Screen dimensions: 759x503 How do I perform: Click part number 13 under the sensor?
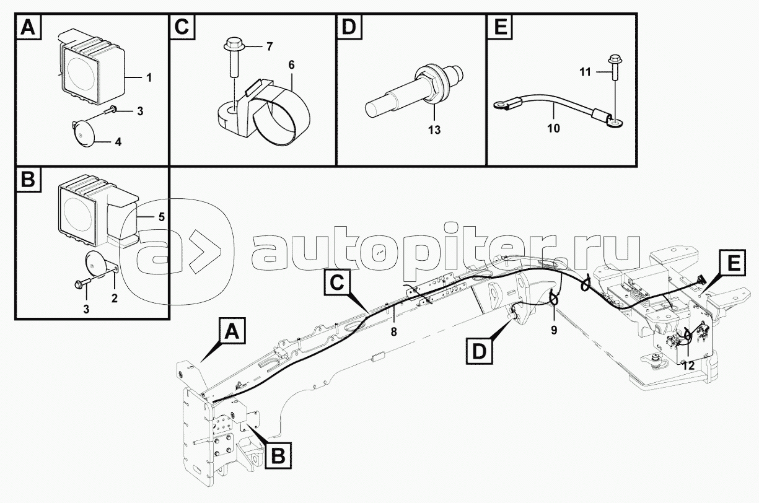[434, 131]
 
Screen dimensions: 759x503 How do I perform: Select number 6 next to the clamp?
[291, 64]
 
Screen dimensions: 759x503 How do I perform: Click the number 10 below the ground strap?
[554, 128]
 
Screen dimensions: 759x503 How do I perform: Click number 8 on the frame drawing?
[393, 331]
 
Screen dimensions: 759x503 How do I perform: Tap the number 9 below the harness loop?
[554, 330]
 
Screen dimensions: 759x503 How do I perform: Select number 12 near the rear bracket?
[688, 366]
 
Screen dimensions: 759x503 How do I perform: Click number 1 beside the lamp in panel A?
[149, 78]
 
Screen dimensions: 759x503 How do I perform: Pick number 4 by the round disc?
[118, 142]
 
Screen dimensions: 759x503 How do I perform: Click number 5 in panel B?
[161, 217]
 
